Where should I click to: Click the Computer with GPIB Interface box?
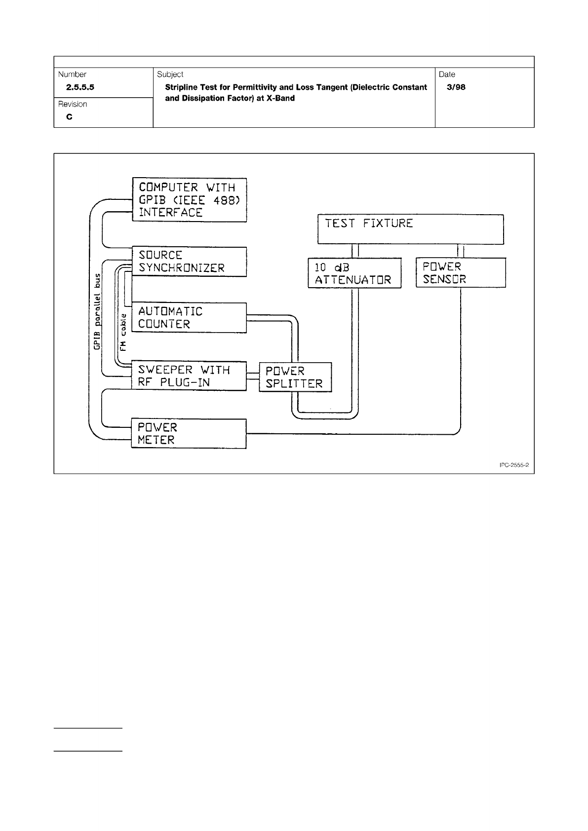click(189, 200)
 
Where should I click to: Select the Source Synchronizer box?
click(189, 262)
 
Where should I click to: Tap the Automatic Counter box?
click(189, 318)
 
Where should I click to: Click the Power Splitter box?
click(295, 377)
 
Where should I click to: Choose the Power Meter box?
click(189, 433)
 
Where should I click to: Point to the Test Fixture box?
click(410, 228)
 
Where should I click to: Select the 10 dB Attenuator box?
click(354, 273)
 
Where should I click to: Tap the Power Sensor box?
click(461, 272)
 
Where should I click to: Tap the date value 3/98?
click(456, 87)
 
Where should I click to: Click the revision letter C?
click(69, 117)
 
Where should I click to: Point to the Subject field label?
click(170, 75)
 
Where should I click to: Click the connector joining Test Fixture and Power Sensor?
click(461, 251)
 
